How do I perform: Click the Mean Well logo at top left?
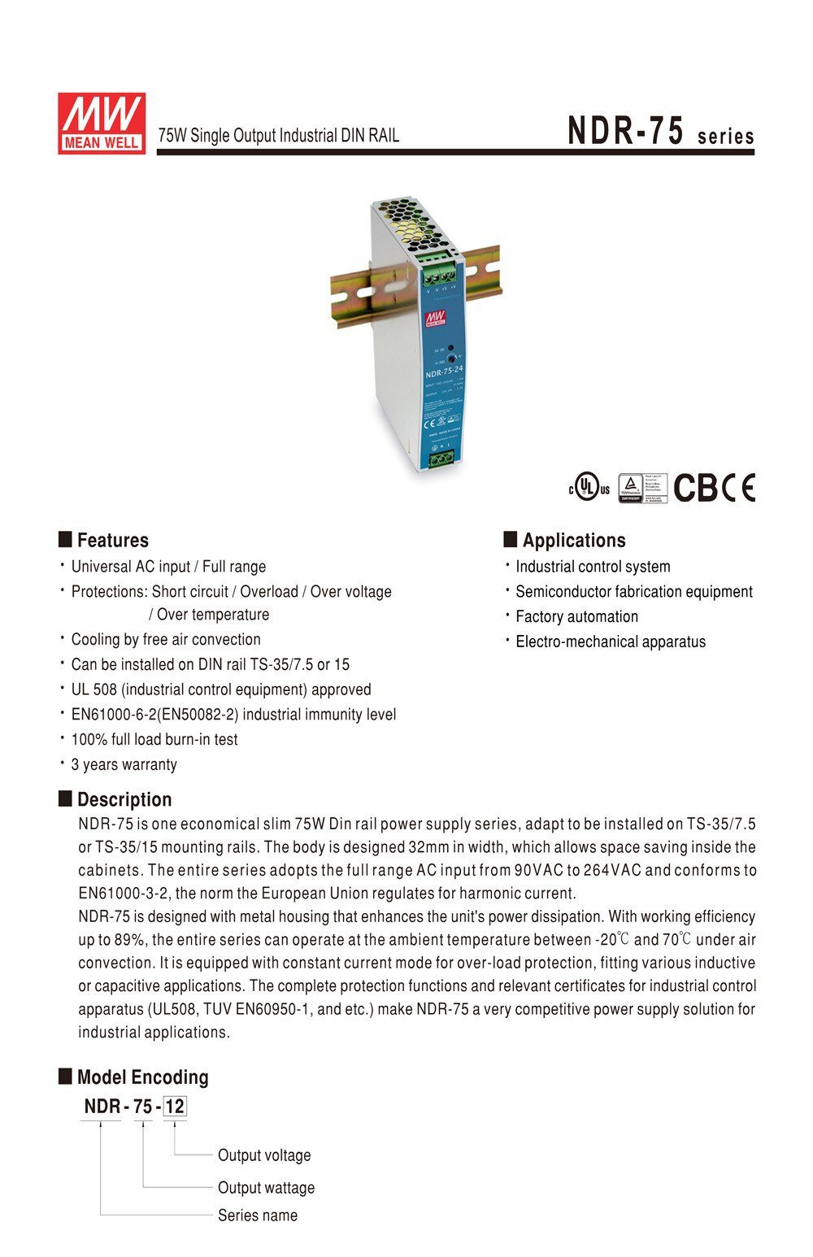101,123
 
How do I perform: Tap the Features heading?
112,541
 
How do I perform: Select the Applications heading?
573,541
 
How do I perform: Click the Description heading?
124,799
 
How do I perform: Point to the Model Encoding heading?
142,1077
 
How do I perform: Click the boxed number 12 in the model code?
175,1107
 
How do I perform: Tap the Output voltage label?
264,1155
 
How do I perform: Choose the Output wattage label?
266,1188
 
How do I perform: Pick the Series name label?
258,1216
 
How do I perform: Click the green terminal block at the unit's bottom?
441,460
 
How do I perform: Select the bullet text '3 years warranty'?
124,764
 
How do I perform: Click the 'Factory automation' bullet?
576,616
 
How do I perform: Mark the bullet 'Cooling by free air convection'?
166,639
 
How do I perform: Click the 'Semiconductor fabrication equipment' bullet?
634,592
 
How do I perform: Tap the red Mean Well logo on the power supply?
437,316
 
